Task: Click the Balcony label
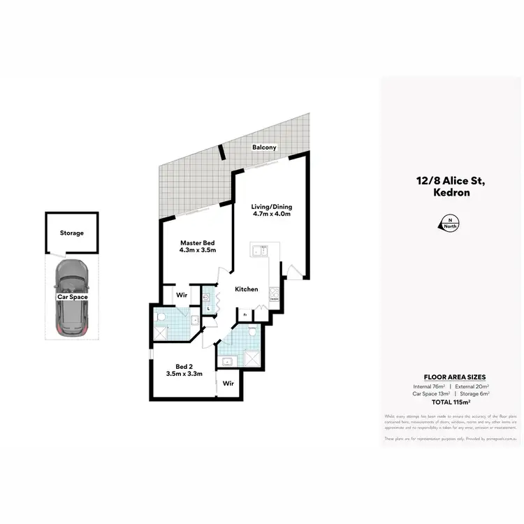coord(265,147)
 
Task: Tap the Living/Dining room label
coord(272,207)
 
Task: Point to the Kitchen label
coord(247,289)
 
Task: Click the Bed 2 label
coord(184,366)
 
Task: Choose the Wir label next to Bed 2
coord(228,384)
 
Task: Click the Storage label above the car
coord(72,233)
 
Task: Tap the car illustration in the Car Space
coord(71,297)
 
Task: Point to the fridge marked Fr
coord(246,315)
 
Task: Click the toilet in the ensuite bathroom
coord(161,318)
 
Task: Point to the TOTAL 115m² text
coord(451,403)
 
